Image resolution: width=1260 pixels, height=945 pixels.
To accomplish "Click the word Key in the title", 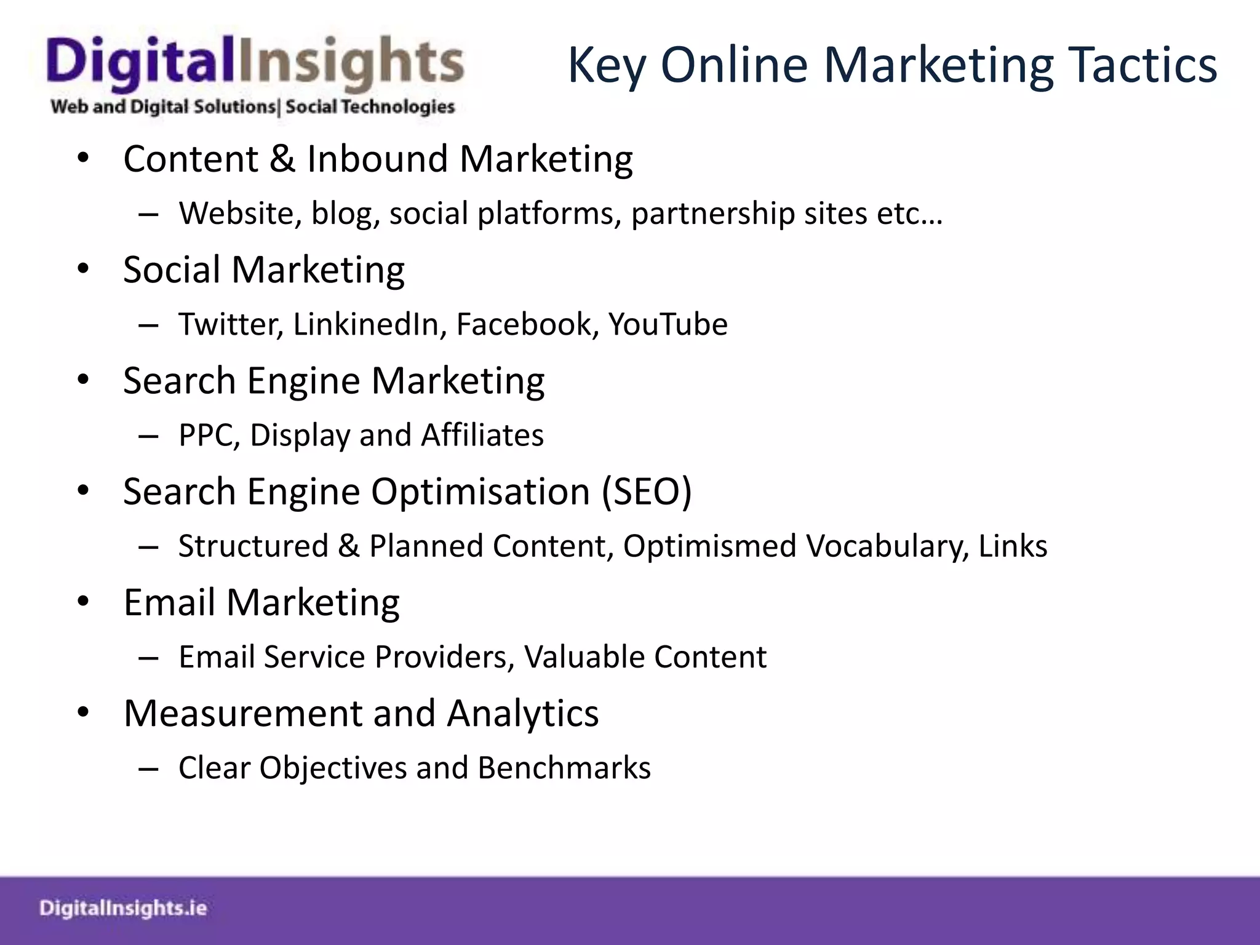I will (606, 66).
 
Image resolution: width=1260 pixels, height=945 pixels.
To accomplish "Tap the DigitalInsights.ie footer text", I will (123, 908).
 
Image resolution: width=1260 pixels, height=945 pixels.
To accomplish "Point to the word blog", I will (345, 214).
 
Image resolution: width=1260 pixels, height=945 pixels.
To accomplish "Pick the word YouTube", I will (668, 324).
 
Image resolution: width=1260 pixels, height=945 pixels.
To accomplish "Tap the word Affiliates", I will (482, 435).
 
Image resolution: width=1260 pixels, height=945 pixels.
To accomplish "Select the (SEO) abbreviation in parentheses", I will (647, 492).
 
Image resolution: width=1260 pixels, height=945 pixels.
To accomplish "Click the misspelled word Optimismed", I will (709, 546).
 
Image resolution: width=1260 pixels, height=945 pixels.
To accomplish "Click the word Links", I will (1013, 546).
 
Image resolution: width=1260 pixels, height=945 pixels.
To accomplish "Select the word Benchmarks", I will (564, 768).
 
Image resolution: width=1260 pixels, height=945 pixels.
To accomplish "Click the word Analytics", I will (522, 714).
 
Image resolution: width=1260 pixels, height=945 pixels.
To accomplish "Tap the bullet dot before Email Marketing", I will (84, 602).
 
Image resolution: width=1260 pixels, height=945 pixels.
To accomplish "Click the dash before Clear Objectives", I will (149, 768).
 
